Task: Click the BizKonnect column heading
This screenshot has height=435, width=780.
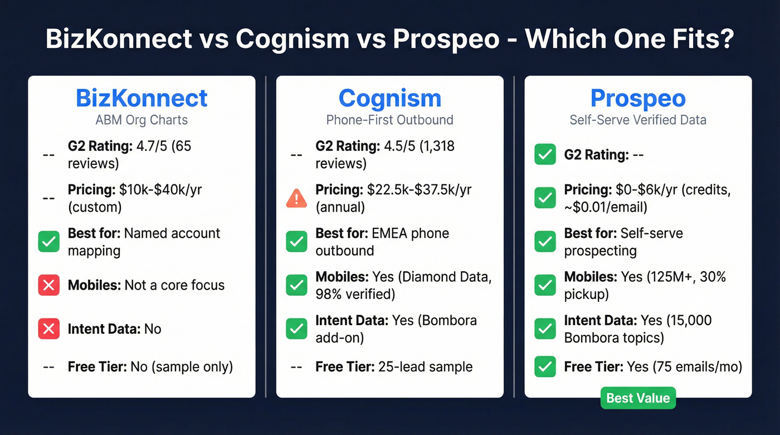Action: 142,99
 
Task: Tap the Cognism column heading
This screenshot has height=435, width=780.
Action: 389,99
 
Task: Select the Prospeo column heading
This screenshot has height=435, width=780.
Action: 638,99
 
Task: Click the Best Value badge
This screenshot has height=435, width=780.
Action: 638,398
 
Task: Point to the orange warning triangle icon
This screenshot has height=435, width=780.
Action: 296,198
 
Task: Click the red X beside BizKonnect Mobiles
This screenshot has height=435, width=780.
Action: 48,286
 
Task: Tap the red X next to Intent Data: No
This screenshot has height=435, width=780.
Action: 48,329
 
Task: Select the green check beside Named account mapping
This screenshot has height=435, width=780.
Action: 48,242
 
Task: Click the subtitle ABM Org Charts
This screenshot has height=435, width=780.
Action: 142,120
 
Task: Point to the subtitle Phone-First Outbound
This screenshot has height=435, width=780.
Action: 389,120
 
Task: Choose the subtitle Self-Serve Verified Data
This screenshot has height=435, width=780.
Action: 638,120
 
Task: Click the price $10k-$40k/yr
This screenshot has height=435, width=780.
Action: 160,189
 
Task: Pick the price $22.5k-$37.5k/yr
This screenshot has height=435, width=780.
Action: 419,189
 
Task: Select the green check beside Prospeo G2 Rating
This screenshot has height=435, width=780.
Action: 545,154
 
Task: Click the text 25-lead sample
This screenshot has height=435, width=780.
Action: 425,367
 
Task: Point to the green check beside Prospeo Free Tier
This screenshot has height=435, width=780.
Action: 545,367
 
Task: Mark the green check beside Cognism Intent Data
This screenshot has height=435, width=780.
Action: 296,329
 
